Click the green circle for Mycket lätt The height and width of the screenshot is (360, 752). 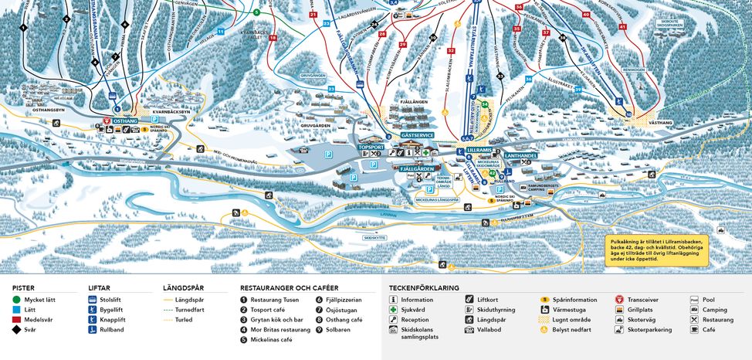click(17, 299)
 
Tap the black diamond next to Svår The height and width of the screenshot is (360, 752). click(17, 329)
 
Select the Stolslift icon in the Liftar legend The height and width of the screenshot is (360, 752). click(93, 299)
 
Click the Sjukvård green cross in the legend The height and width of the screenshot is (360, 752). click(394, 309)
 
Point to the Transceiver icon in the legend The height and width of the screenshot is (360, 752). click(619, 299)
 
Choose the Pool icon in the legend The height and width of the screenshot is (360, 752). click(694, 299)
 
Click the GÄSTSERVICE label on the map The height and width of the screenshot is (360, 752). click(418, 134)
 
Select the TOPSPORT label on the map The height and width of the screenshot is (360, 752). click(371, 146)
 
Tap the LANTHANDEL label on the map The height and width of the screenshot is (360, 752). click(520, 155)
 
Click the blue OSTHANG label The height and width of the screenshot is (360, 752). click(124, 121)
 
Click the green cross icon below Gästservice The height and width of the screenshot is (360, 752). click(425, 153)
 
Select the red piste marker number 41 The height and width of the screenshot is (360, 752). click(622, 27)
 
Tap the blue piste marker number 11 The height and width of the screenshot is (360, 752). click(221, 32)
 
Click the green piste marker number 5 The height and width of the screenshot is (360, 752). click(256, 12)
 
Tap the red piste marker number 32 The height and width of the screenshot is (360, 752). click(451, 51)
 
